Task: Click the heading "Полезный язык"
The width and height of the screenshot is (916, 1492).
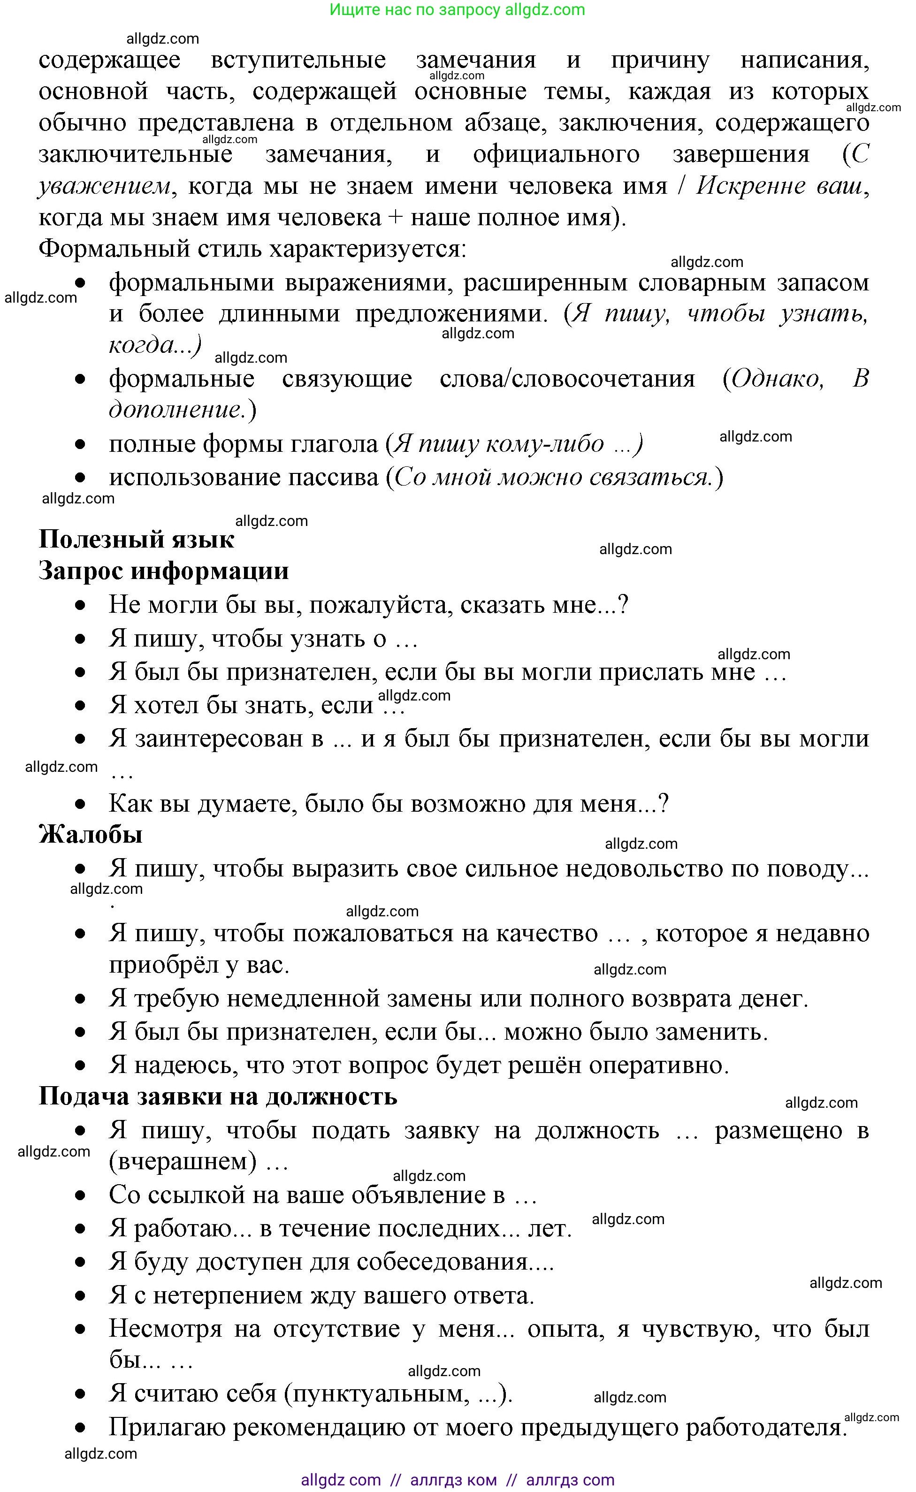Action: coord(136,540)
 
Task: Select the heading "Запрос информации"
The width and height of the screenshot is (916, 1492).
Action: coord(164,571)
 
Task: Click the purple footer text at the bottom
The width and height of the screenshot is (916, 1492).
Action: coord(458,1480)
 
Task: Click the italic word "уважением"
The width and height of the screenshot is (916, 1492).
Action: coord(104,186)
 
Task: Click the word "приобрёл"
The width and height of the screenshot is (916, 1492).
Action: coord(163,965)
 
